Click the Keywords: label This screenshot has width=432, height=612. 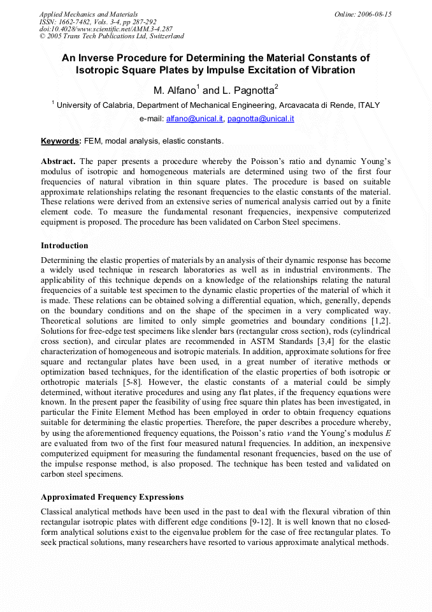pos(61,140)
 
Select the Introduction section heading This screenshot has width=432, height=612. pos(64,246)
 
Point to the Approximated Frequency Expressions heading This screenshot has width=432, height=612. pos(112,497)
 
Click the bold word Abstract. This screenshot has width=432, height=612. pos(59,161)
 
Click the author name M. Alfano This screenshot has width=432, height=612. pos(176,91)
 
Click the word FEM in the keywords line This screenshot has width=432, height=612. pos(94,140)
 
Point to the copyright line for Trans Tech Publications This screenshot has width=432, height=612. pos(112,36)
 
